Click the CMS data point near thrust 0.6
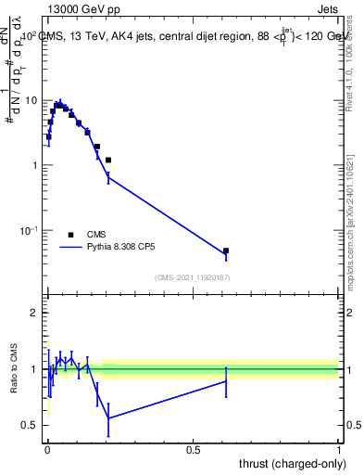225,250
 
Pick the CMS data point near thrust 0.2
108,160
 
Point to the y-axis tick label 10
30,100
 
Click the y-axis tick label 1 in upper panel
33,165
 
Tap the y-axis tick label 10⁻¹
28,229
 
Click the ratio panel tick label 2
33,314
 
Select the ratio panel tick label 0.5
29,426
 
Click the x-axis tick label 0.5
194,450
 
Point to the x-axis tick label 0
47,450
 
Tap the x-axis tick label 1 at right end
339,450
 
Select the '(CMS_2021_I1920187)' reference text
193,276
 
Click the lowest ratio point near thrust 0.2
108,417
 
